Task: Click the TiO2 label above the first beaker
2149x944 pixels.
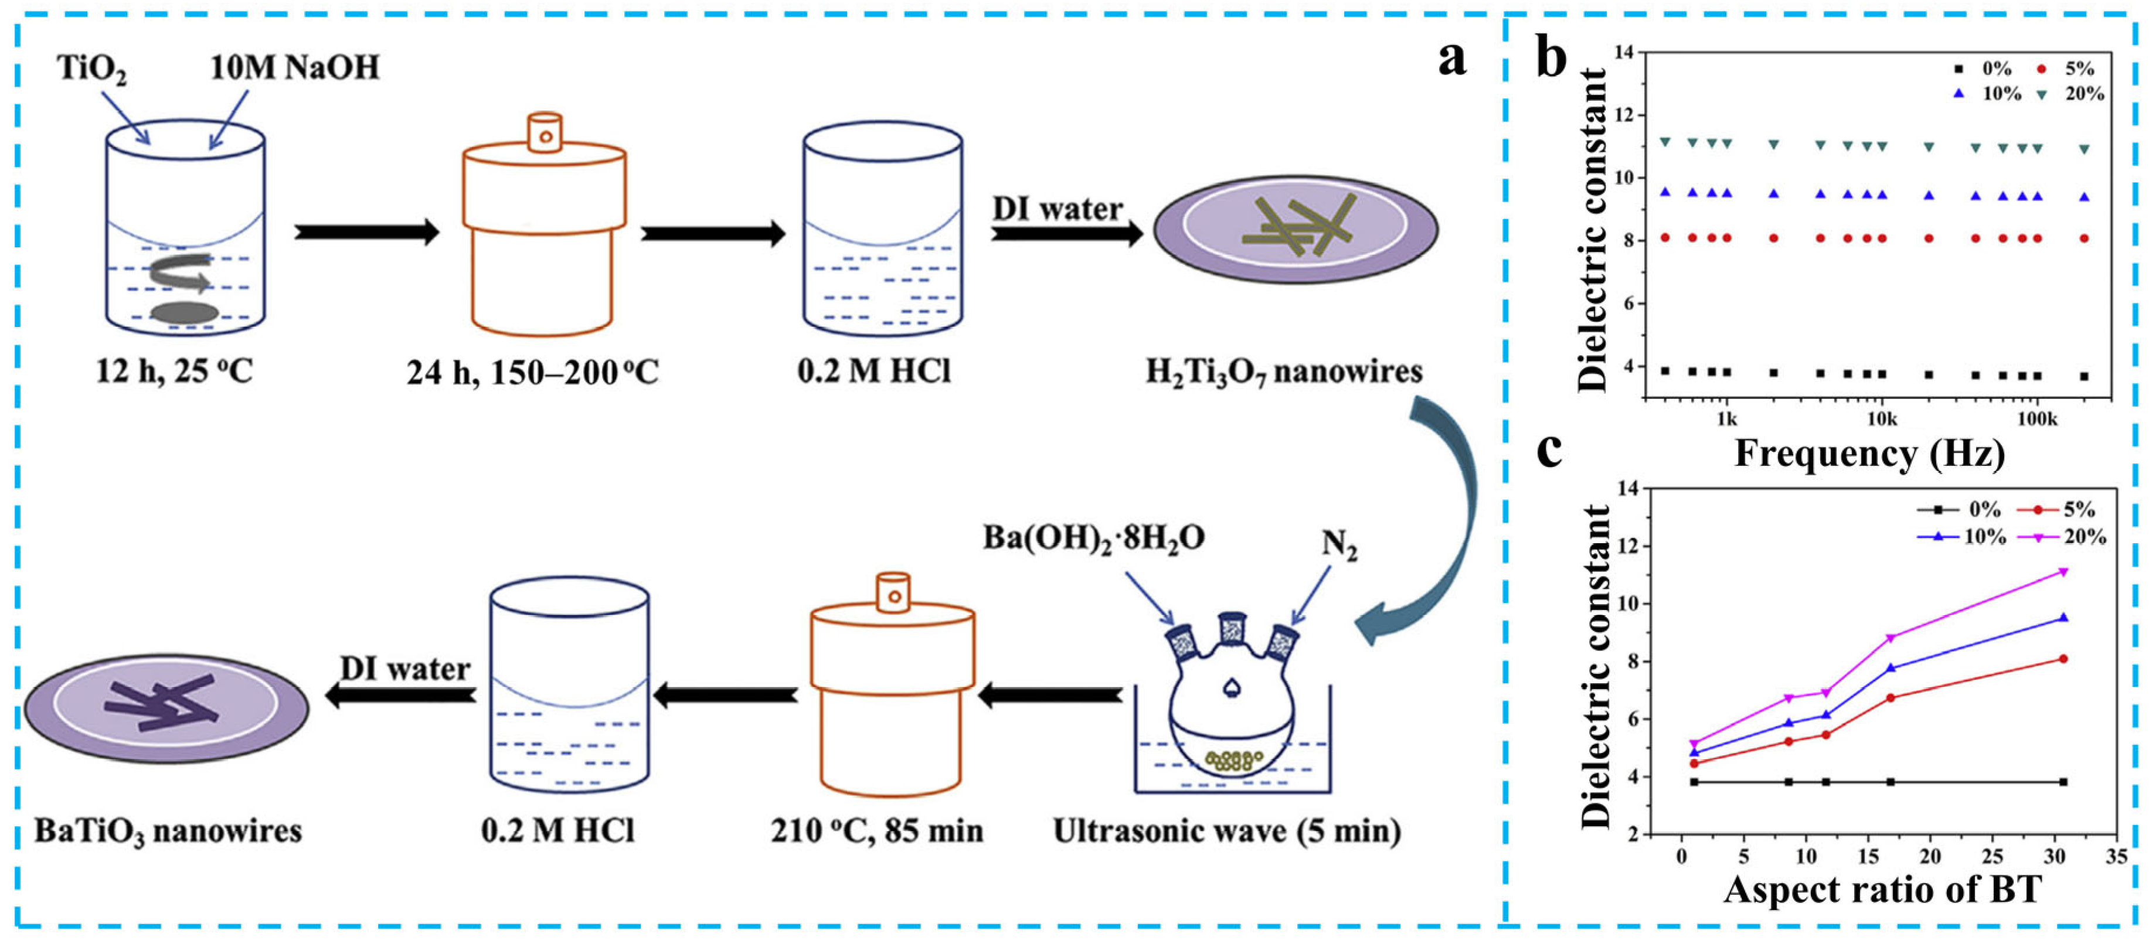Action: [x=92, y=67]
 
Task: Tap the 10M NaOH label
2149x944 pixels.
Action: [x=294, y=67]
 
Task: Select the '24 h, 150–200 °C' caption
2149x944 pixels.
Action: [x=532, y=372]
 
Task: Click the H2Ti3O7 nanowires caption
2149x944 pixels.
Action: [x=1284, y=372]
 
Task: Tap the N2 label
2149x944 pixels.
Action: [x=1339, y=546]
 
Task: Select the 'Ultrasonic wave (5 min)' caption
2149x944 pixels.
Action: [x=1226, y=831]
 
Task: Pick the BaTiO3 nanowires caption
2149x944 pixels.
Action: [x=168, y=831]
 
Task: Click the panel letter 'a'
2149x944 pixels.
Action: [x=1451, y=60]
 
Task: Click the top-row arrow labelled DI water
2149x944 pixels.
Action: [x=1066, y=235]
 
